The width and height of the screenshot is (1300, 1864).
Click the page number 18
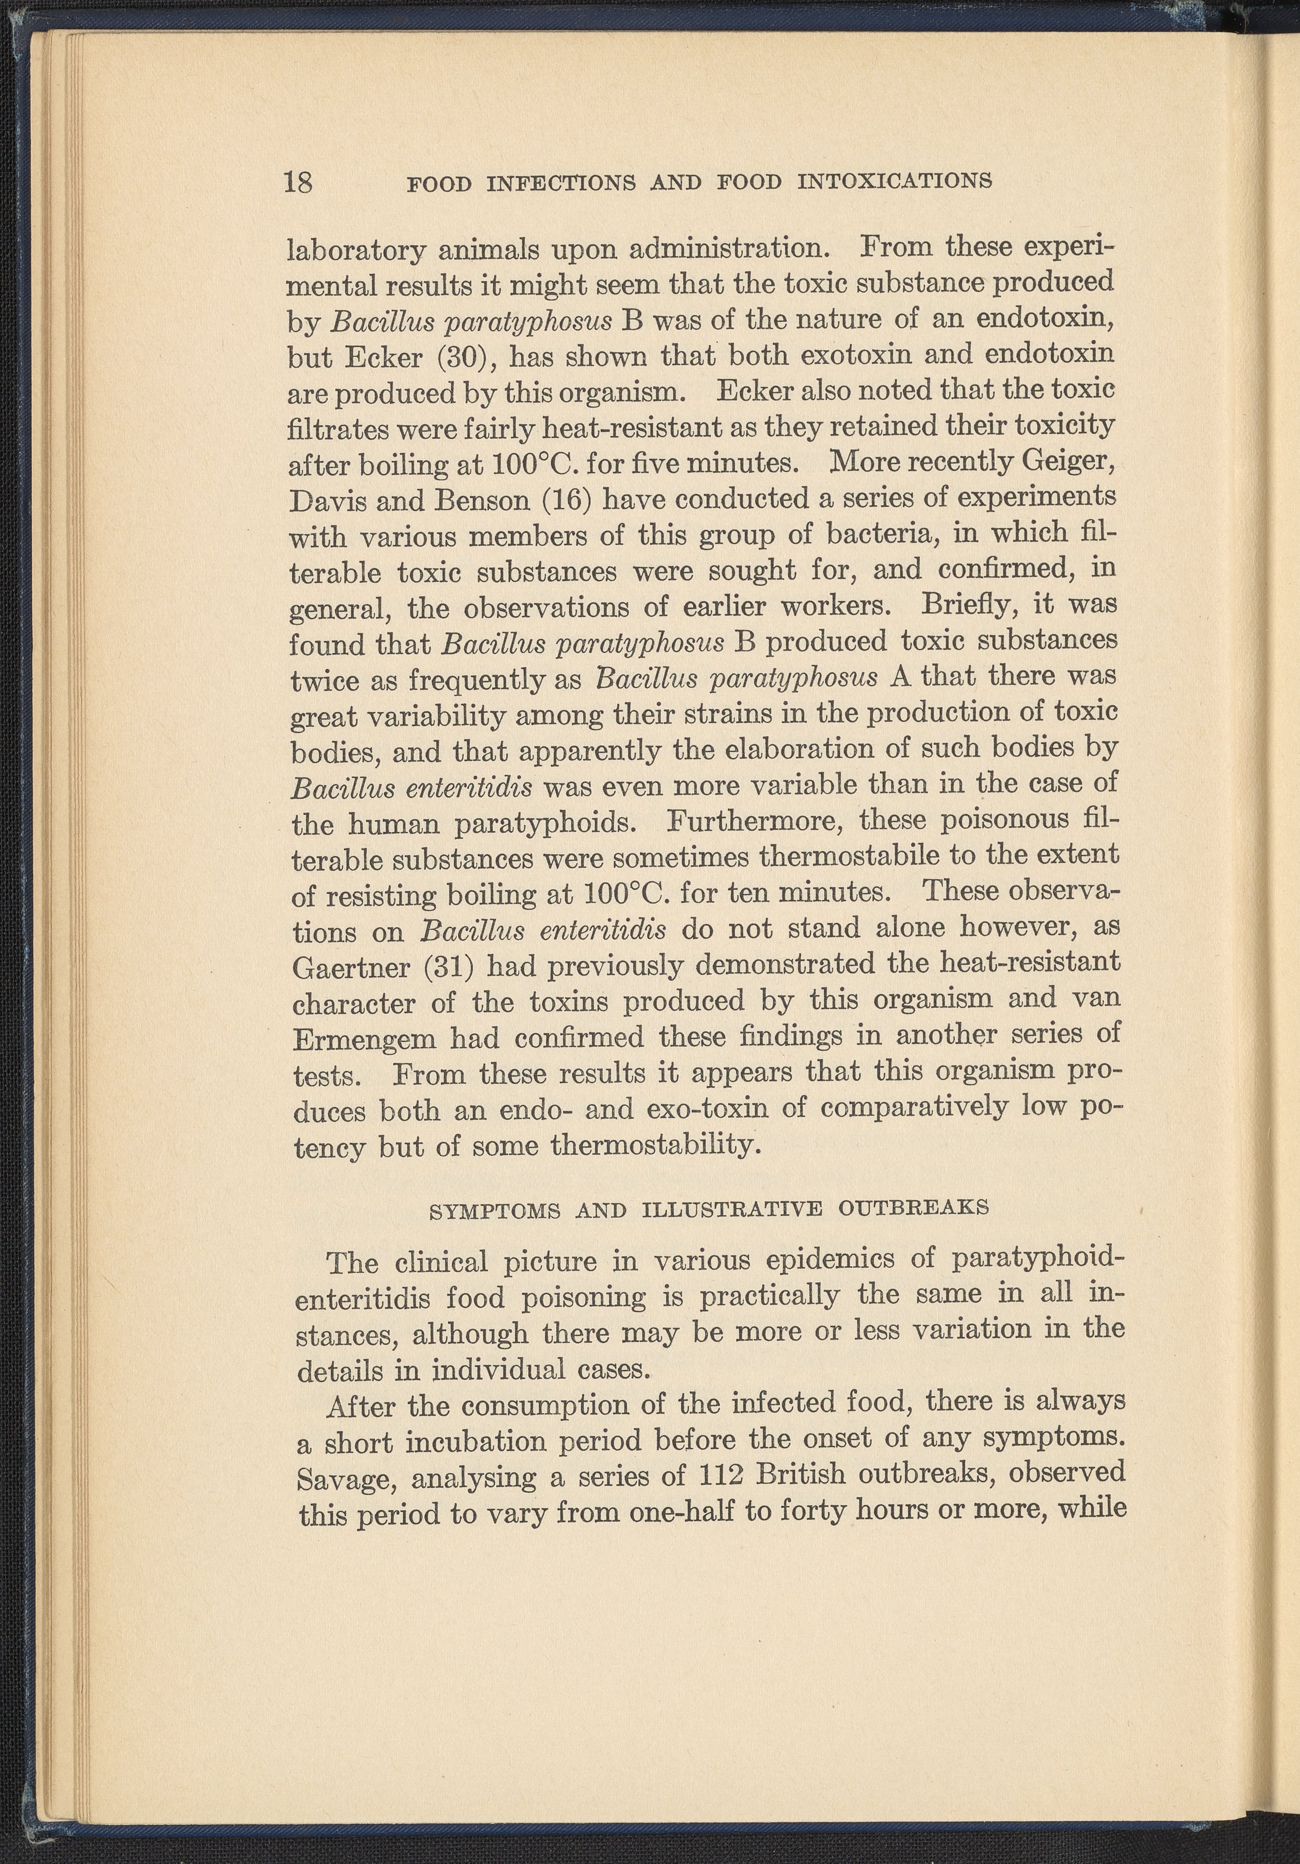[x=298, y=181]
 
